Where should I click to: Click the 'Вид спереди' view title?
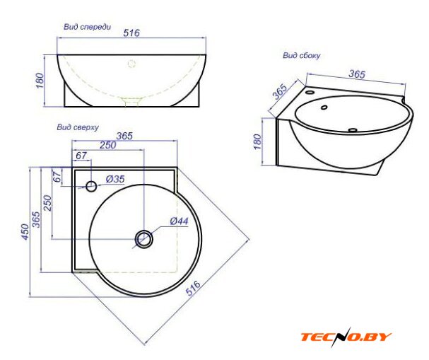[x=87, y=27]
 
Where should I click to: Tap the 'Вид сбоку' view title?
[x=301, y=56]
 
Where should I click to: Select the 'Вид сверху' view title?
[x=78, y=127]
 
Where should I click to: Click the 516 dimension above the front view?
[x=131, y=33]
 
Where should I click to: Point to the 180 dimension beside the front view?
[x=40, y=81]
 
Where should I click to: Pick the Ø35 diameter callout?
[x=115, y=179]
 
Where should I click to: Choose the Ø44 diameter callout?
[x=180, y=221]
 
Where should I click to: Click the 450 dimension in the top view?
[x=25, y=232]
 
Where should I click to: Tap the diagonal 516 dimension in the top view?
[x=193, y=288]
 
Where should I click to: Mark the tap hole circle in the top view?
[x=91, y=186]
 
